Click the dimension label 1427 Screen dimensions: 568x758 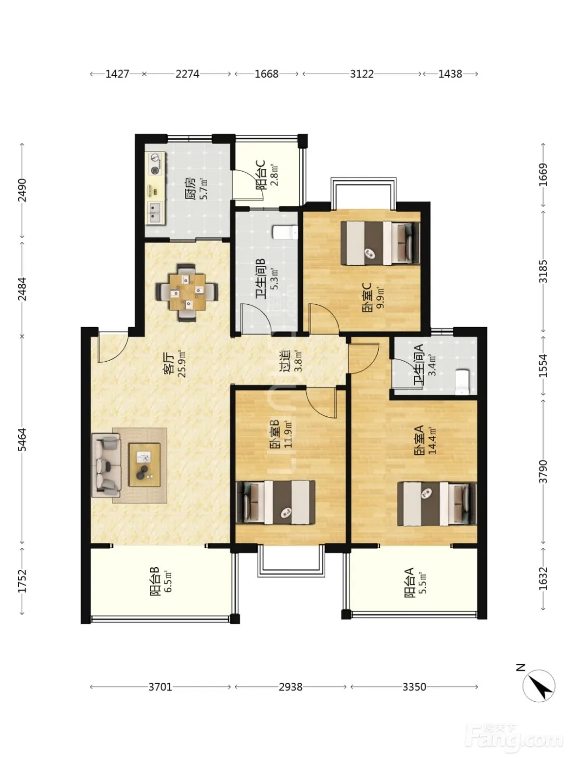[117, 74]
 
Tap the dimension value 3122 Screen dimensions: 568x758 [362, 74]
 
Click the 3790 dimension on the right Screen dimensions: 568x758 [543, 472]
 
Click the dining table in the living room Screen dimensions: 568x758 [187, 292]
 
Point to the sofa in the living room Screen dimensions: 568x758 [106, 466]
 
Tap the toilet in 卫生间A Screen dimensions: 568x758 [462, 382]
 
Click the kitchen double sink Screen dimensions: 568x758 [155, 212]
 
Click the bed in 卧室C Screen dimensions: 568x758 [380, 243]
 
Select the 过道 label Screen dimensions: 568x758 [285, 361]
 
